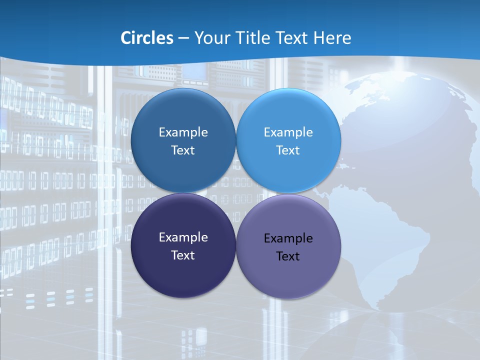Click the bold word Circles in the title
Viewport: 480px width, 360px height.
[147, 38]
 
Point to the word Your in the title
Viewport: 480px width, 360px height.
[211, 38]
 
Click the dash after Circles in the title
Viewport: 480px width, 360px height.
[183, 38]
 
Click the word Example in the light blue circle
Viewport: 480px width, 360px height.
[288, 132]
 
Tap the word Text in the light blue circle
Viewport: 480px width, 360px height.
[288, 150]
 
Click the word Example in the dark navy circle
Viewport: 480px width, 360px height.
[183, 237]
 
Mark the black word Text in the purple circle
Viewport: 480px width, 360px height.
[288, 256]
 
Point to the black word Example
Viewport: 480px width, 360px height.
[288, 238]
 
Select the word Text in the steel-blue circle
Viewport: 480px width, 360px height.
[183, 150]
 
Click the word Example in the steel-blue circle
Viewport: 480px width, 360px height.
[183, 132]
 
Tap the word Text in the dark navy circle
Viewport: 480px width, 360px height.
[183, 255]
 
